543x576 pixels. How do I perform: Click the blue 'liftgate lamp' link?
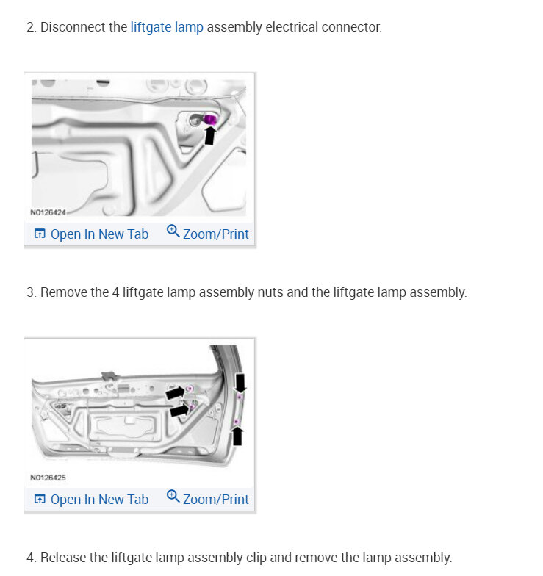point(167,28)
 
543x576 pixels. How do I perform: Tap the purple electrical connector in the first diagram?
point(210,119)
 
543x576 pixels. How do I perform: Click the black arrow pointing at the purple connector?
point(210,135)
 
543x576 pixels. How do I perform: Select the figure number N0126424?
point(48,212)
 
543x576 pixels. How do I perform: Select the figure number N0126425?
point(48,478)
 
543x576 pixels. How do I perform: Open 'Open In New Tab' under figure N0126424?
point(99,234)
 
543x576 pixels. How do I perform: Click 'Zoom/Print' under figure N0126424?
point(216,234)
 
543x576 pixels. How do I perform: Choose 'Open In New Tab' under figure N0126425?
point(99,500)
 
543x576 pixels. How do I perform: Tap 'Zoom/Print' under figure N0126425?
point(216,500)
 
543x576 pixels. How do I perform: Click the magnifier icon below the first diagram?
point(173,231)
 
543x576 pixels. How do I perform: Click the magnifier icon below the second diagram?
point(173,497)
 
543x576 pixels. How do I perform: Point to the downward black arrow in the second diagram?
point(240,383)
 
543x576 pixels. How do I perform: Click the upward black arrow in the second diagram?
point(238,436)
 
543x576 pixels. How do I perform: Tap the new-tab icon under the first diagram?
point(40,234)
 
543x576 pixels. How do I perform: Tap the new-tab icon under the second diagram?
point(40,499)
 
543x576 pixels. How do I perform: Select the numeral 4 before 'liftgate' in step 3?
point(116,292)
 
